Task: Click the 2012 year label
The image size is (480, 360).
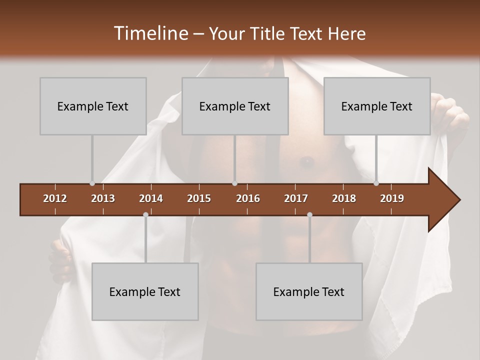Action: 55,198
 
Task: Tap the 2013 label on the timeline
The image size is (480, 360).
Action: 103,198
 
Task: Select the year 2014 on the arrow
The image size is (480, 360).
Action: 151,198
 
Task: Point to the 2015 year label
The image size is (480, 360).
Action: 199,198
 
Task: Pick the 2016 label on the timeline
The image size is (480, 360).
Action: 248,198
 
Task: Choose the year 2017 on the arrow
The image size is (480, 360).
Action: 296,198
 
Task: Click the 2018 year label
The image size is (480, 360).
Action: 344,198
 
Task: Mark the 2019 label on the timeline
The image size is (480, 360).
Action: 392,198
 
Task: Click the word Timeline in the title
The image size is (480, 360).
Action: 150,33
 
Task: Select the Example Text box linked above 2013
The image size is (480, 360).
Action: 93,106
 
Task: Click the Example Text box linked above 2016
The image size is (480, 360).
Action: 235,106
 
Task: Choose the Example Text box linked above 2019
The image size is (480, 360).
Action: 377,106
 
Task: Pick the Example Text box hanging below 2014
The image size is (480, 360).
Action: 145,291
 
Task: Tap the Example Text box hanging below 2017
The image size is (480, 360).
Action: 309,291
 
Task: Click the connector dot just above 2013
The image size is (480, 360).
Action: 92,183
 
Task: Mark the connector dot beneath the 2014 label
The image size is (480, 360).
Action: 145,215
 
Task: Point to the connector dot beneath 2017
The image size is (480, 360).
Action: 309,215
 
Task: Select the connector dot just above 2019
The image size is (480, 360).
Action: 376,183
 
